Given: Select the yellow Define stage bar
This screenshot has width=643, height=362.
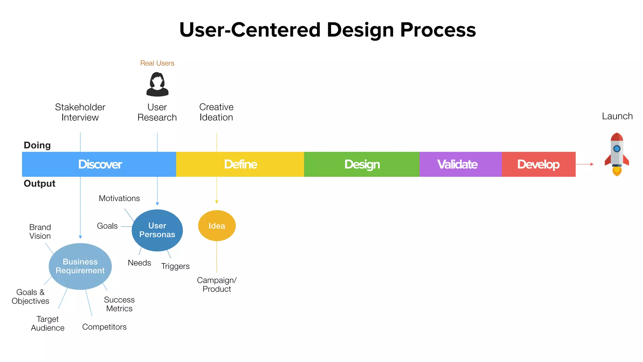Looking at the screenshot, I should (x=240, y=164).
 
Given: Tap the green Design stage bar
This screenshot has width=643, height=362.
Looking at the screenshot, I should (x=362, y=164).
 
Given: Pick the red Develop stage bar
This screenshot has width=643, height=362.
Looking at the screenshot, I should (x=538, y=164).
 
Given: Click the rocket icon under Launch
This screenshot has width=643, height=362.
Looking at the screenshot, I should (x=617, y=154).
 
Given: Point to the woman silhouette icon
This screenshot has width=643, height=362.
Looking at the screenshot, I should (x=157, y=84).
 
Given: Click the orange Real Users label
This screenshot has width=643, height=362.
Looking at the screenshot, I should (x=157, y=63).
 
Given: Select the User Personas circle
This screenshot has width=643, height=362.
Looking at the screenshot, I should (x=157, y=230).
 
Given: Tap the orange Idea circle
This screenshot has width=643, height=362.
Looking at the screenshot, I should (x=217, y=226).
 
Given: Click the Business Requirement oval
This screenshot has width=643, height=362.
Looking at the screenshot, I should (x=80, y=266).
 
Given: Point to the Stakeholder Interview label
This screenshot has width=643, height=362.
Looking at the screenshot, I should (x=80, y=112).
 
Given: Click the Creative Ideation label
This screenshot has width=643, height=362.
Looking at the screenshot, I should (x=216, y=112).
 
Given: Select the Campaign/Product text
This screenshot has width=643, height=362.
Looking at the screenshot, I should (x=217, y=284).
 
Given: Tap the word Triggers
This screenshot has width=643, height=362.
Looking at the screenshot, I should (x=175, y=266).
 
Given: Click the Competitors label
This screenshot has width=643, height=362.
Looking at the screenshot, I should (x=104, y=327).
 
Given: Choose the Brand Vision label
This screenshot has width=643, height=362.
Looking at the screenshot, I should (x=40, y=232).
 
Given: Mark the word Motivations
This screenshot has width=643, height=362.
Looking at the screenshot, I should (x=119, y=198).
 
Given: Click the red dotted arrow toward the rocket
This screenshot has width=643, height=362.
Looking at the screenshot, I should (x=584, y=164).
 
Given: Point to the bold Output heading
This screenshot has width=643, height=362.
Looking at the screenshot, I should (x=40, y=184).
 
